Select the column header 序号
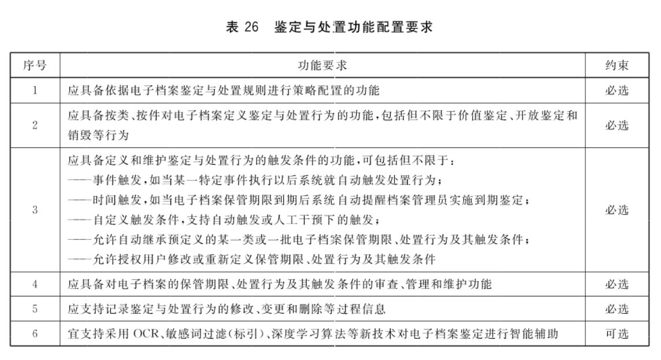tap(35, 65)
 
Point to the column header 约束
tap(617, 65)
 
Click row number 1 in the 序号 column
tap(35, 90)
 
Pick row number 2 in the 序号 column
tap(35, 125)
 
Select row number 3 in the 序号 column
tap(35, 210)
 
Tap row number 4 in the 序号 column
tap(35, 284)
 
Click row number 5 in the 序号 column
tap(35, 309)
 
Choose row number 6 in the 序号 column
tap(35, 333)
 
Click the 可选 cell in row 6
tap(617, 333)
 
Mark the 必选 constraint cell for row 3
tap(617, 210)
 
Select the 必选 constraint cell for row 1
tap(617, 90)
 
